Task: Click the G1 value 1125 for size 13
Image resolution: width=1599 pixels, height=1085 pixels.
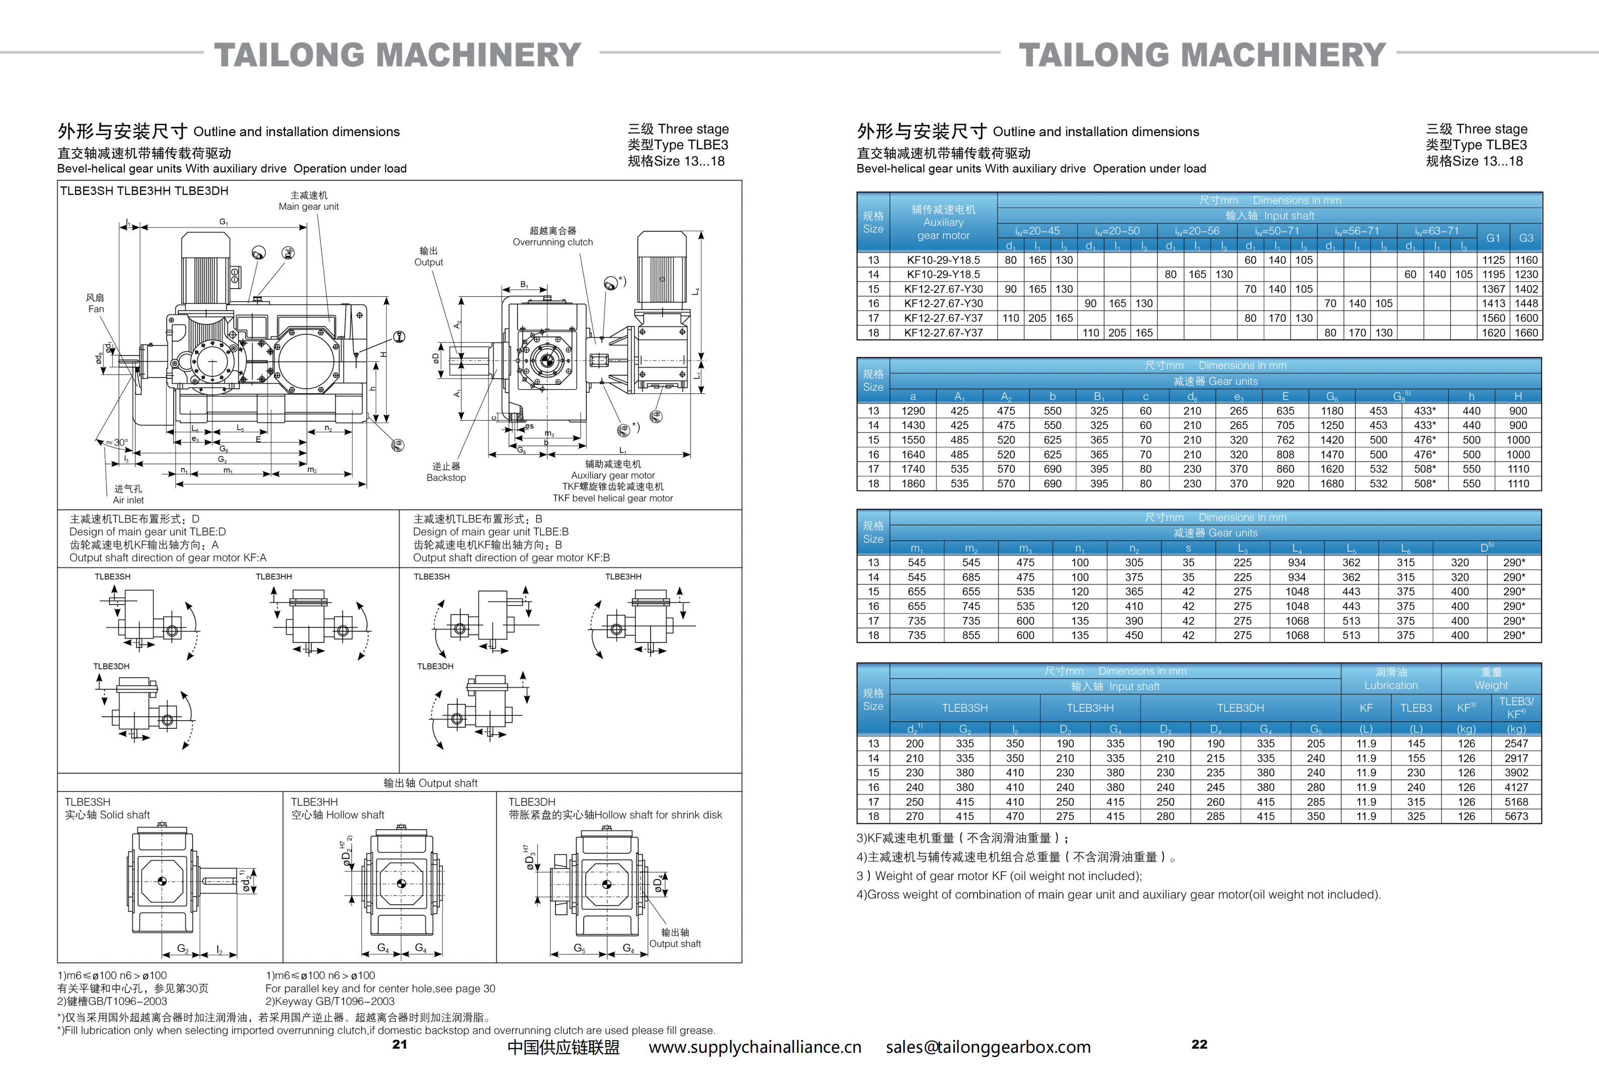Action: coord(1493,260)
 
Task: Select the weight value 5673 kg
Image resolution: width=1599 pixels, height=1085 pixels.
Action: coord(1516,816)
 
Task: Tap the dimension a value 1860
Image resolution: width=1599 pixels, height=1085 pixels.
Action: coord(913,484)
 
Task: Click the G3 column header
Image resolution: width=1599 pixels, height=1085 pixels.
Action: coord(1526,238)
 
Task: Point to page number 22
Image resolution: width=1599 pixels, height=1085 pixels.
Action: coord(1199,1044)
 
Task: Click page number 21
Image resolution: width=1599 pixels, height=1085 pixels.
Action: coord(400,1044)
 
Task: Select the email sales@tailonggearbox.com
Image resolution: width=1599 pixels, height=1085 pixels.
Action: coord(988,1047)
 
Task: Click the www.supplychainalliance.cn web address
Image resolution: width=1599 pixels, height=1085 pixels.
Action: coord(755,1047)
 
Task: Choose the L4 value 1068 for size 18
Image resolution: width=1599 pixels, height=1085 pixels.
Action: coord(1297,635)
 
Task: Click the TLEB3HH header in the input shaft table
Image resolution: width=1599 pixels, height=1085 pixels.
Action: coord(1090,708)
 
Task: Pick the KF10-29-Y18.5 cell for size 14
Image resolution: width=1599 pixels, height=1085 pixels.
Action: coord(943,275)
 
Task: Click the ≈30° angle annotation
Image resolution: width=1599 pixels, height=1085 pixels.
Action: coord(117,442)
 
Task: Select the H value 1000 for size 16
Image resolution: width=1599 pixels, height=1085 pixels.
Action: coord(1518,455)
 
